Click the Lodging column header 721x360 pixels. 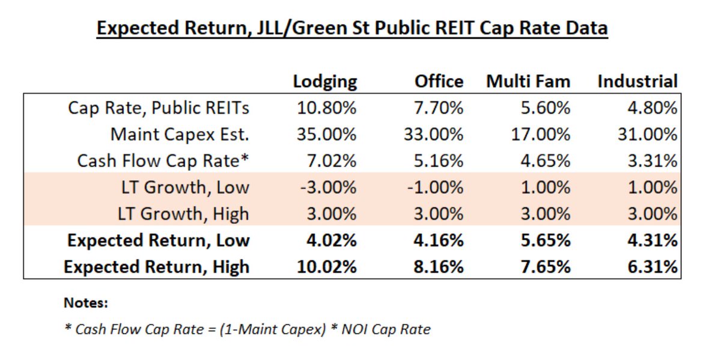coord(325,82)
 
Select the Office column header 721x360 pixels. coord(439,82)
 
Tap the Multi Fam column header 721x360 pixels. coord(528,82)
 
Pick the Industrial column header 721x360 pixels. coord(637,82)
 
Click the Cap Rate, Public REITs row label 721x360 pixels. coord(159,108)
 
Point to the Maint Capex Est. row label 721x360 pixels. coord(180,135)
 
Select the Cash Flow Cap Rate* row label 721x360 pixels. coord(163,161)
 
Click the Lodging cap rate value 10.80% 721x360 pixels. coord(327,108)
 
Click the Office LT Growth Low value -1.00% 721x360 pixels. coord(435,188)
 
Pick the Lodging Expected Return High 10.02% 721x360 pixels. coord(327,266)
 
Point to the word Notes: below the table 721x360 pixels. coord(86,303)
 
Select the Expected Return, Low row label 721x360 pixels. coord(158,240)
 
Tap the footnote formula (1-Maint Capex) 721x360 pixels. coord(287,329)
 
